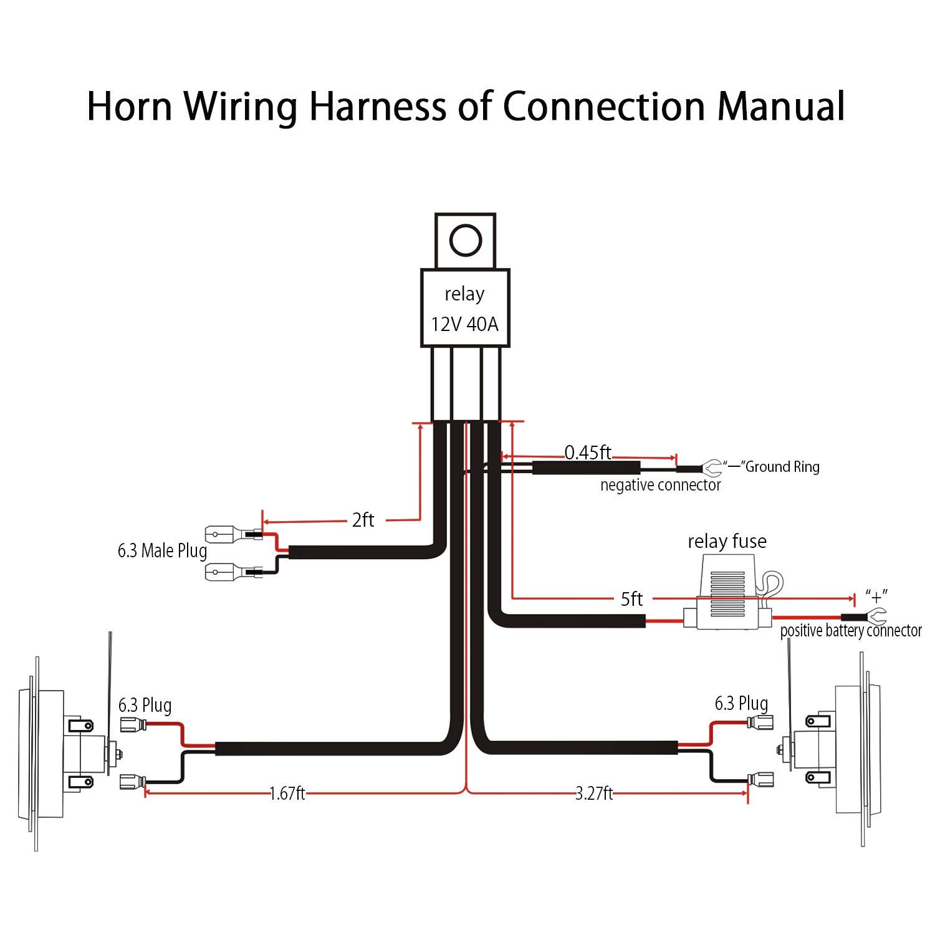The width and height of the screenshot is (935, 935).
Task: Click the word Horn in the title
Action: point(129,106)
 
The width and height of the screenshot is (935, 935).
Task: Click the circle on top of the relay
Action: point(466,240)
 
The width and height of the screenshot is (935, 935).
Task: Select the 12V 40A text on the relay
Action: point(465,325)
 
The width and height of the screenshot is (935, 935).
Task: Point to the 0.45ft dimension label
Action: point(588,452)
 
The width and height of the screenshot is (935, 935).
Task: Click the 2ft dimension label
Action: point(363,520)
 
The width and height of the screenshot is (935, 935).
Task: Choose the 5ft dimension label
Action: point(631,599)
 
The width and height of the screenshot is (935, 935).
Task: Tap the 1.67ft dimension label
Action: point(287,794)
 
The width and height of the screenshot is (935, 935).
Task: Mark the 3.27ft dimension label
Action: point(594,794)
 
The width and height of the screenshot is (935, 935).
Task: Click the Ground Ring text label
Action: point(782,467)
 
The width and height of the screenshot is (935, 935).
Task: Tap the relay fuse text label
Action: point(727,541)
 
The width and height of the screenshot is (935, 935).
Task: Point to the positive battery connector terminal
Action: point(876,616)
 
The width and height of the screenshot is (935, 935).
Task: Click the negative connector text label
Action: point(661,485)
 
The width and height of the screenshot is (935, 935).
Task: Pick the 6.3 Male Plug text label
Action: point(162,551)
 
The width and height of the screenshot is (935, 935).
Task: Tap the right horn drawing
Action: point(829,742)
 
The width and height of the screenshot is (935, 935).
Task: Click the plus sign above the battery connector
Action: point(876,595)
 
